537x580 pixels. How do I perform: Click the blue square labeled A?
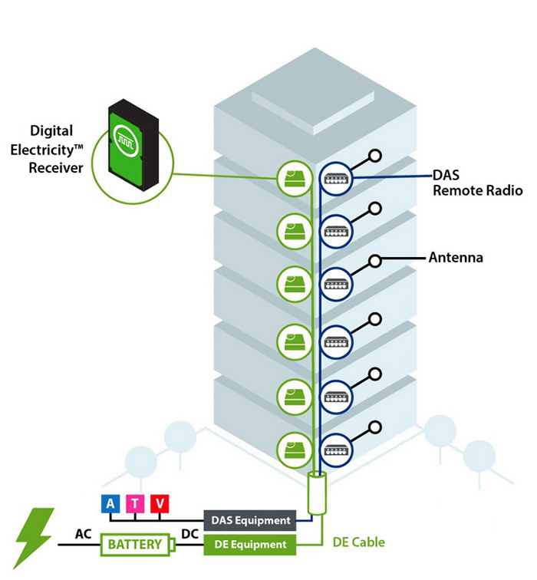(111, 503)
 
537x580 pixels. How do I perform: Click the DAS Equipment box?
(249, 521)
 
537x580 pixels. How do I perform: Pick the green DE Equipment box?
(249, 545)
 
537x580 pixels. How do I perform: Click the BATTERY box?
(134, 545)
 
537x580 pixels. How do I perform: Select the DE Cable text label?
(358, 542)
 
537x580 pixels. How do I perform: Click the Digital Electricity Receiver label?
(57, 149)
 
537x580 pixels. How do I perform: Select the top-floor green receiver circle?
(293, 178)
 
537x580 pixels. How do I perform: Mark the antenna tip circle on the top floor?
(375, 156)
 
